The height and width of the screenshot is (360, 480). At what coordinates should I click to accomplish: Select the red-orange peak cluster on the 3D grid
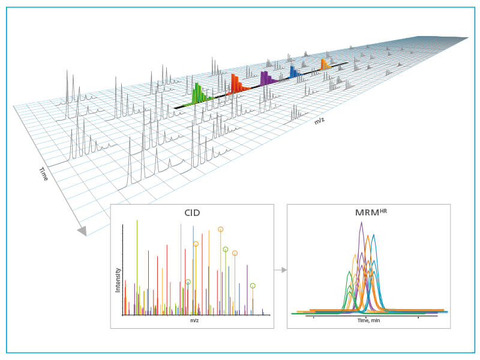[x=236, y=84]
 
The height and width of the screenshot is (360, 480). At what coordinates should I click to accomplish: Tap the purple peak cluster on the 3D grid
[x=266, y=78]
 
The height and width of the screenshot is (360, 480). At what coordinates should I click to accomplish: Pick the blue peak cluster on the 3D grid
[x=294, y=71]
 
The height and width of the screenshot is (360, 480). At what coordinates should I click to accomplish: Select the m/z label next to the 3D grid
[x=320, y=121]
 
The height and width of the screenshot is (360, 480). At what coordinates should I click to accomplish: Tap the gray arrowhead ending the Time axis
[x=82, y=230]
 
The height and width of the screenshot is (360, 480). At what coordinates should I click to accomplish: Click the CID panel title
[x=192, y=212]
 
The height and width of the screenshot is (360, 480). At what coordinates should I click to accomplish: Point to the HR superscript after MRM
[x=382, y=209]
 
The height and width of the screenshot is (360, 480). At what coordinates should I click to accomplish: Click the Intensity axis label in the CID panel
[x=118, y=280]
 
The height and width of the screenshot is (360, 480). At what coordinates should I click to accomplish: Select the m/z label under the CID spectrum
[x=194, y=320]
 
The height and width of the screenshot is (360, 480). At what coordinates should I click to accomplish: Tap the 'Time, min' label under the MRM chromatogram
[x=368, y=321]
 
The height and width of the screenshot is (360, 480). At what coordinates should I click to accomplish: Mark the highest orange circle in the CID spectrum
[x=220, y=229]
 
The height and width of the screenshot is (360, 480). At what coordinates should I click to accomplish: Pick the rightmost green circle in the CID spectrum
[x=253, y=286]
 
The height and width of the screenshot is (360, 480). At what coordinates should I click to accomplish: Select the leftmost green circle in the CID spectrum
[x=188, y=281]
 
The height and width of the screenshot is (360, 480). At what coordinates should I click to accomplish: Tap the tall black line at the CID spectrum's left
[x=122, y=270]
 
